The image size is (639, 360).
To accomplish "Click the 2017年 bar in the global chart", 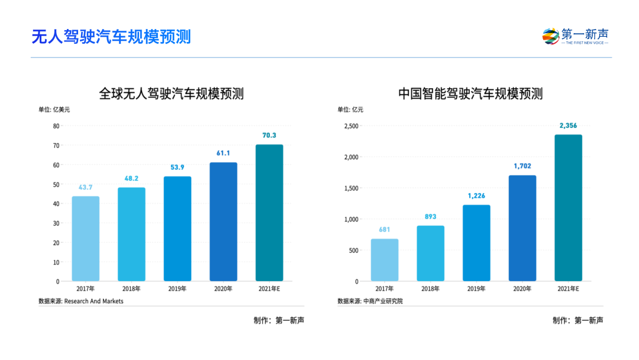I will click(x=86, y=239).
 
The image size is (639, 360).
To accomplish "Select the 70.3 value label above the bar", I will click(x=269, y=136).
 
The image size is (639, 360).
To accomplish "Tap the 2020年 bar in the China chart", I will click(x=522, y=228).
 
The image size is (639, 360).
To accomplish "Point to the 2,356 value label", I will click(x=568, y=126).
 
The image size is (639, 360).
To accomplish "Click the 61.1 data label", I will click(x=223, y=153).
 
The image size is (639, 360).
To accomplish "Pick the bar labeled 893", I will click(x=430, y=253).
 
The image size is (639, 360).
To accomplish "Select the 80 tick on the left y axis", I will click(x=56, y=126).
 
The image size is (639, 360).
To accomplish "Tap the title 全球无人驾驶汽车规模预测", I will click(x=171, y=94).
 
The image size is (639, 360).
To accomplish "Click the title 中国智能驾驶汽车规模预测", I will click(x=470, y=94).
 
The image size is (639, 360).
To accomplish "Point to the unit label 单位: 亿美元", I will click(x=54, y=110).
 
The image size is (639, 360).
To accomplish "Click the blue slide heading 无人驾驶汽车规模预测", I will click(x=111, y=37).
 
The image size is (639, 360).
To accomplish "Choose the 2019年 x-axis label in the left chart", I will click(x=177, y=289).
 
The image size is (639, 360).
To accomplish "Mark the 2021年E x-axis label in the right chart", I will click(x=568, y=289).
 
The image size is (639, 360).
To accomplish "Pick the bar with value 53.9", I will click(x=177, y=229).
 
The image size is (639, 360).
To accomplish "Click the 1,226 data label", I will click(x=476, y=196).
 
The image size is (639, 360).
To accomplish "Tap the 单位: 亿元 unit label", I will click(x=350, y=110).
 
